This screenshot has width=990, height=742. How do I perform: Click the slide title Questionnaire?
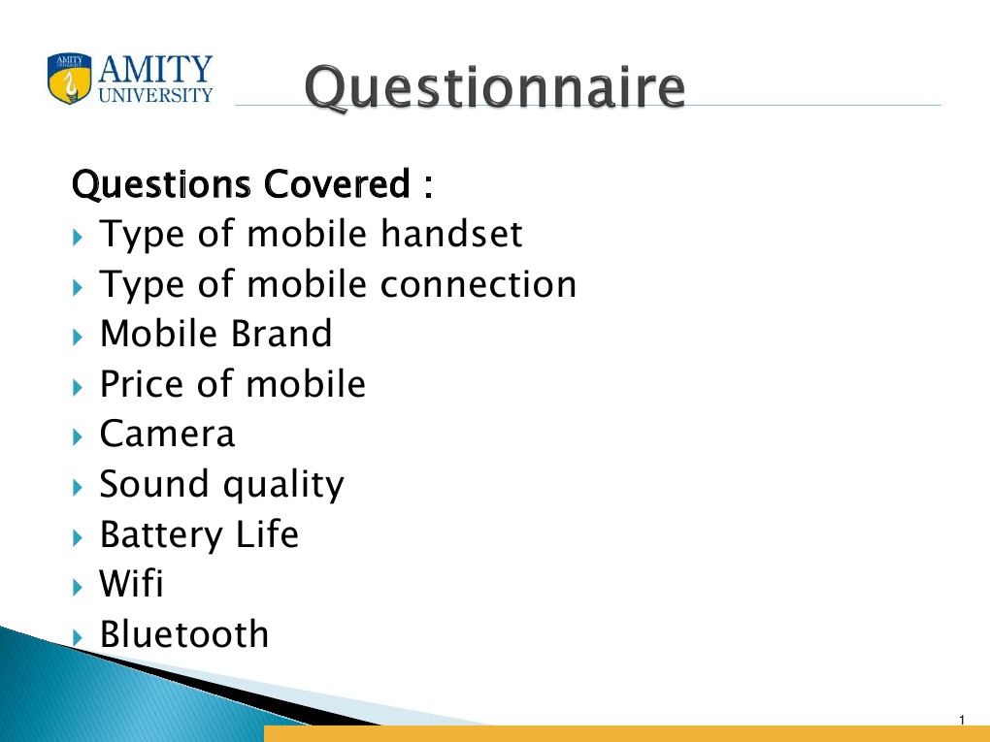point(494,88)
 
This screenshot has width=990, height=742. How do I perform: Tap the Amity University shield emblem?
point(70,79)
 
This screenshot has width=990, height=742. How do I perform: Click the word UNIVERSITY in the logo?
point(156,95)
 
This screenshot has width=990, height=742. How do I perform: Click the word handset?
point(451,234)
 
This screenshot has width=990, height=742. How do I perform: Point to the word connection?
point(478,284)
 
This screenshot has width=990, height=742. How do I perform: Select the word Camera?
point(167,434)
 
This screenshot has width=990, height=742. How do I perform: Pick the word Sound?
point(154,484)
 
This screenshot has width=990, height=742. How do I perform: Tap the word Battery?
point(161,535)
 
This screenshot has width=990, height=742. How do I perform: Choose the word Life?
point(267,533)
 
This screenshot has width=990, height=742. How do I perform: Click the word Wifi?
point(131,583)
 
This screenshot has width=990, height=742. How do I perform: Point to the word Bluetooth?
point(184,633)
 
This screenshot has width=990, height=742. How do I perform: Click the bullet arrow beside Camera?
point(78,436)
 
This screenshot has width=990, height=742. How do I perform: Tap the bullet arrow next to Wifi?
point(78,588)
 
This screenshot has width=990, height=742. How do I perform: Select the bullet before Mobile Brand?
point(78,337)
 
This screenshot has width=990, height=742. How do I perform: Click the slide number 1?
point(962,720)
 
